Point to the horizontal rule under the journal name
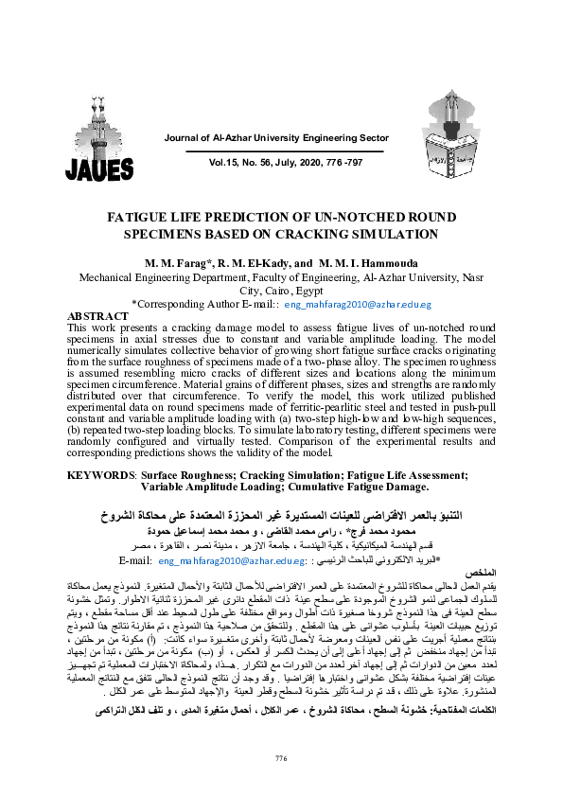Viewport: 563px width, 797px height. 285,150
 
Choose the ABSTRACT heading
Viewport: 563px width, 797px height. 97,315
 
